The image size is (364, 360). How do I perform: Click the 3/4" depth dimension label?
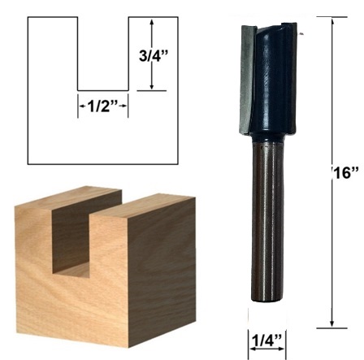154,56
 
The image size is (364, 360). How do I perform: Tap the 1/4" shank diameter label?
267,341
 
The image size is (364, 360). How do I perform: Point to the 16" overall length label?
346,172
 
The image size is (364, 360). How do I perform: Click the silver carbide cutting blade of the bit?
247,79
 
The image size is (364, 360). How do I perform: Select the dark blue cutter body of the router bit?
274,79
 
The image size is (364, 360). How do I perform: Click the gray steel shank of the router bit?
266,218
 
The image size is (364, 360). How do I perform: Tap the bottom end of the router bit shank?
266,300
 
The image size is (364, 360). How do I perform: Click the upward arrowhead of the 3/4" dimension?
152,22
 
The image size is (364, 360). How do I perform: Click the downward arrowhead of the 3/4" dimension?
152,86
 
